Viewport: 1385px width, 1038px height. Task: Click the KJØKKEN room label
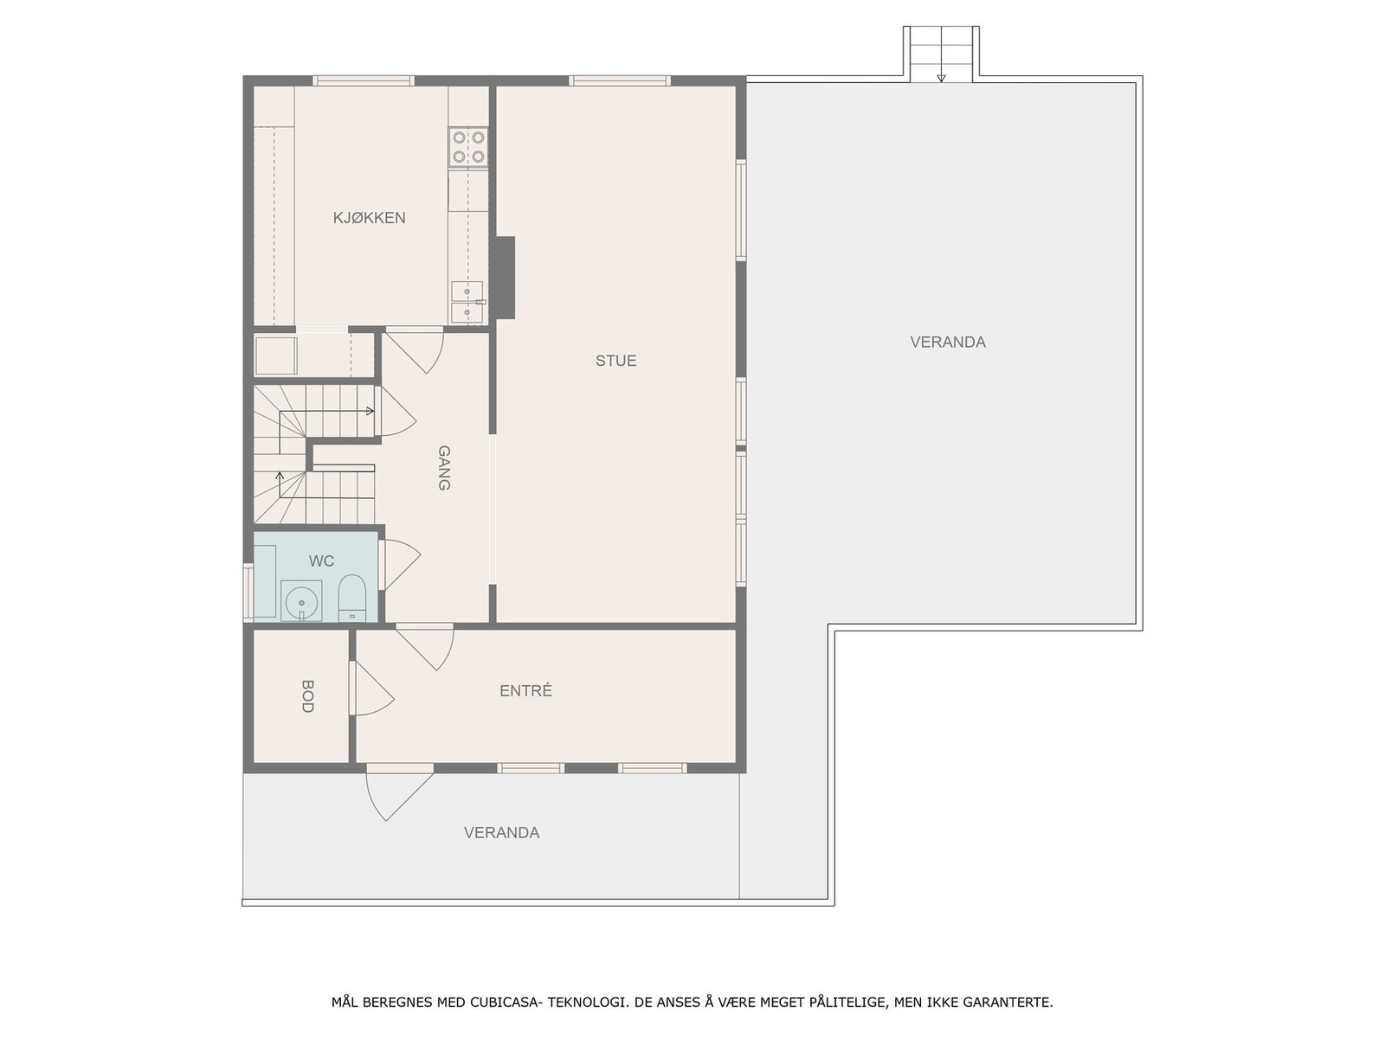click(369, 218)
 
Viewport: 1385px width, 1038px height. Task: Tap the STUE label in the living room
click(615, 361)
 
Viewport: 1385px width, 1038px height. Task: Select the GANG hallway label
click(443, 468)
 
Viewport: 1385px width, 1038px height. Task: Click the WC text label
click(321, 561)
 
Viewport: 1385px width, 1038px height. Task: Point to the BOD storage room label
click(306, 695)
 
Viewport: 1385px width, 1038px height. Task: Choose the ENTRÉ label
click(525, 691)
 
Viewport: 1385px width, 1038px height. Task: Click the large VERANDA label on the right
click(948, 342)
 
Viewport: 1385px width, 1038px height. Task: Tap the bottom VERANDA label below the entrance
click(501, 833)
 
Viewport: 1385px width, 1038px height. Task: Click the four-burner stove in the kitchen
click(468, 147)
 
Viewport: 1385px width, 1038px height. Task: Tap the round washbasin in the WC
click(301, 600)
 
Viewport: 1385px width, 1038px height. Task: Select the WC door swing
click(397, 565)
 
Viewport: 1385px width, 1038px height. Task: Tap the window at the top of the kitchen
click(363, 81)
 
